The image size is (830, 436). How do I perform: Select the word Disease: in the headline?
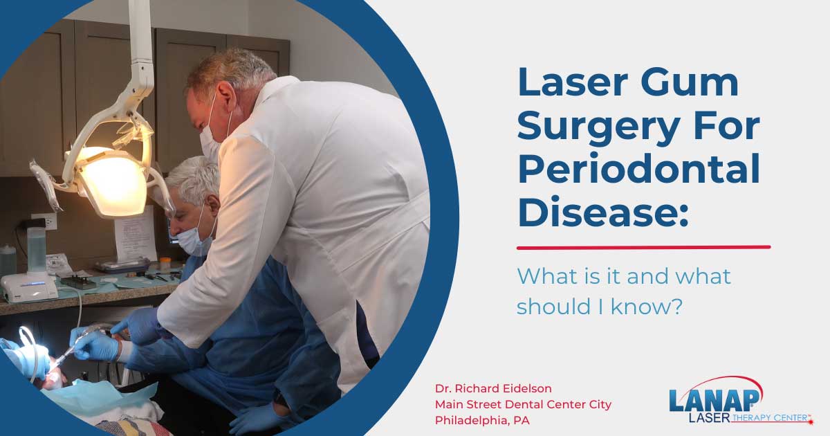[602, 212]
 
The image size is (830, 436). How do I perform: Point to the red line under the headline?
[643, 247]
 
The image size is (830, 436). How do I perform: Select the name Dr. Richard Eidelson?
[495, 388]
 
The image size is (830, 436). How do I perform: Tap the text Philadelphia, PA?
[483, 420]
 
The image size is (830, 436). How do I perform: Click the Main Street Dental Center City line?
[523, 404]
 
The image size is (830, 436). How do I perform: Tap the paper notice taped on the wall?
[135, 235]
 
